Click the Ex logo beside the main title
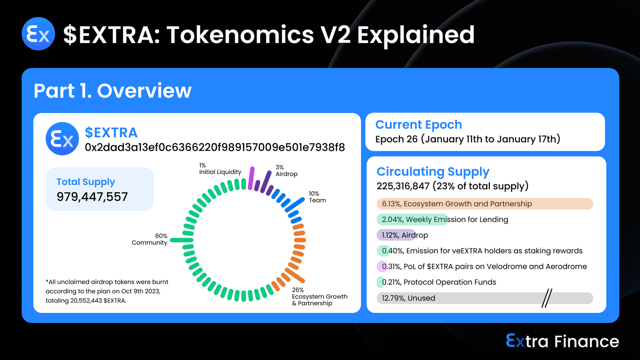coord(38,34)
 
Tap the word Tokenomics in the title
coord(240,35)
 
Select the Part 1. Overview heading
coord(113,91)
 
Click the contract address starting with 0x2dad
coord(215,147)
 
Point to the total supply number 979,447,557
coord(92,197)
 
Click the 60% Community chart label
coord(149,239)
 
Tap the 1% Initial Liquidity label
coord(220,168)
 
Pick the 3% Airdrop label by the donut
coord(286,171)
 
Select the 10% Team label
coord(317,197)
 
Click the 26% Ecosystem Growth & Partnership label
coord(320,296)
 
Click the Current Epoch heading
coord(419,125)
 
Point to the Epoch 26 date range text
coord(468,139)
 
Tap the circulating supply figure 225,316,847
coord(403,186)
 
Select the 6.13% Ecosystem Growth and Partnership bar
coord(485,204)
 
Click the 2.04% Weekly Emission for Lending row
coord(442,219)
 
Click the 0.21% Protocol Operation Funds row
coord(436,282)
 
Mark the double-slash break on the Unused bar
coord(547,298)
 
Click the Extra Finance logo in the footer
coord(562,341)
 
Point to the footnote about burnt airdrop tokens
coord(107,291)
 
